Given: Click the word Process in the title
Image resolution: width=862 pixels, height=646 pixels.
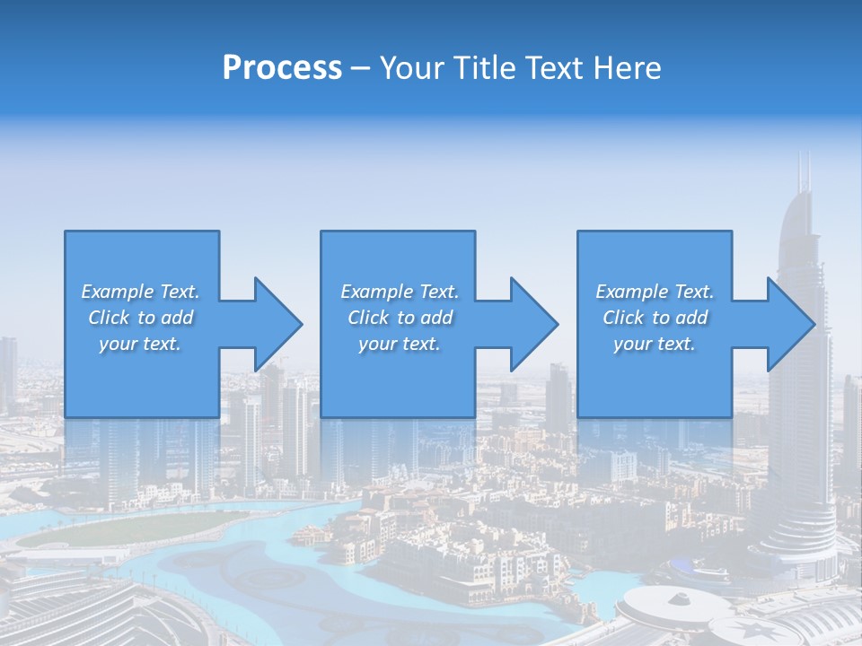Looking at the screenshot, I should (282, 68).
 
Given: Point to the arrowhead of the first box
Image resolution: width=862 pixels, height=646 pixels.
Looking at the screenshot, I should (278, 324).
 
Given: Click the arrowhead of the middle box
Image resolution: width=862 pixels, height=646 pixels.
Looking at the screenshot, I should (534, 324).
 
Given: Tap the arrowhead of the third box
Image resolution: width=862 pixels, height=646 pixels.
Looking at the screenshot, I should (791, 324).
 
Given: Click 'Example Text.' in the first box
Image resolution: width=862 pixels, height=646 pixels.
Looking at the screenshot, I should (140, 292).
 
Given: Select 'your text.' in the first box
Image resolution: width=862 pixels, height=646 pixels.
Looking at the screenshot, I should (140, 344).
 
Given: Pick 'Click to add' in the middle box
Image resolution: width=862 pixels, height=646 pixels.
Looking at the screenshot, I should (400, 318).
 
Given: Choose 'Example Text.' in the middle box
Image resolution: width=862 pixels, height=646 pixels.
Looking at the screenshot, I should (400, 292).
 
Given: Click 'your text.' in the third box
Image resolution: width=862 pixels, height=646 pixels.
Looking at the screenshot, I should (655, 344).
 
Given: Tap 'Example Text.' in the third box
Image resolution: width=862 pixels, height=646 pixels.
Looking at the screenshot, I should (655, 292).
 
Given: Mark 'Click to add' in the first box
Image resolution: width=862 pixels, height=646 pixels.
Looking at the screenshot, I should (140, 318).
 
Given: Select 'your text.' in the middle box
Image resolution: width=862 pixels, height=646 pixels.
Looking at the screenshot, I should (400, 344).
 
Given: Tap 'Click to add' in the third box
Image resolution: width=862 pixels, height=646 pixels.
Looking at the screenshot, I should (655, 318).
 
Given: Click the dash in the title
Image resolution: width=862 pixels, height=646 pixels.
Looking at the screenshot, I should (360, 68).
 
